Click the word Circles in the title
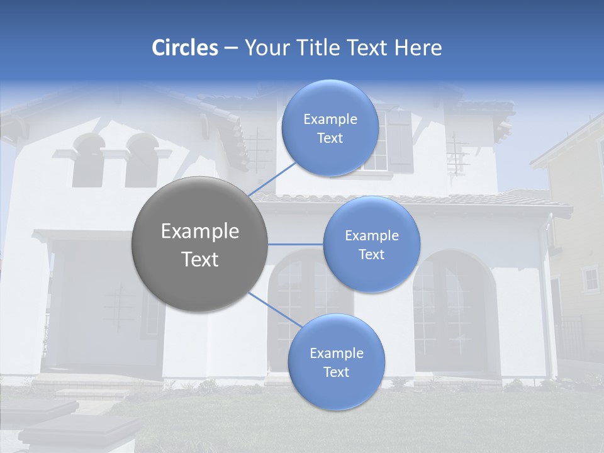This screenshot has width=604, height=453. [x=184, y=48]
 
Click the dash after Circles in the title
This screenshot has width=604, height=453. [x=231, y=48]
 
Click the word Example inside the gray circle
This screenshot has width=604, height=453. [x=199, y=232]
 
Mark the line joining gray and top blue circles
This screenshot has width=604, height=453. [x=272, y=179]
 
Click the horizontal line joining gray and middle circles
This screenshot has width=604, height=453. [x=296, y=244]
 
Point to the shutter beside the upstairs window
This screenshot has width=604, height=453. [x=399, y=142]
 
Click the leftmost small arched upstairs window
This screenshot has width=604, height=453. [x=87, y=162]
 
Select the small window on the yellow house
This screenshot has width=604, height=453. [x=590, y=279]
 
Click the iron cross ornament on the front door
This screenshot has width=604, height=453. [x=119, y=307]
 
